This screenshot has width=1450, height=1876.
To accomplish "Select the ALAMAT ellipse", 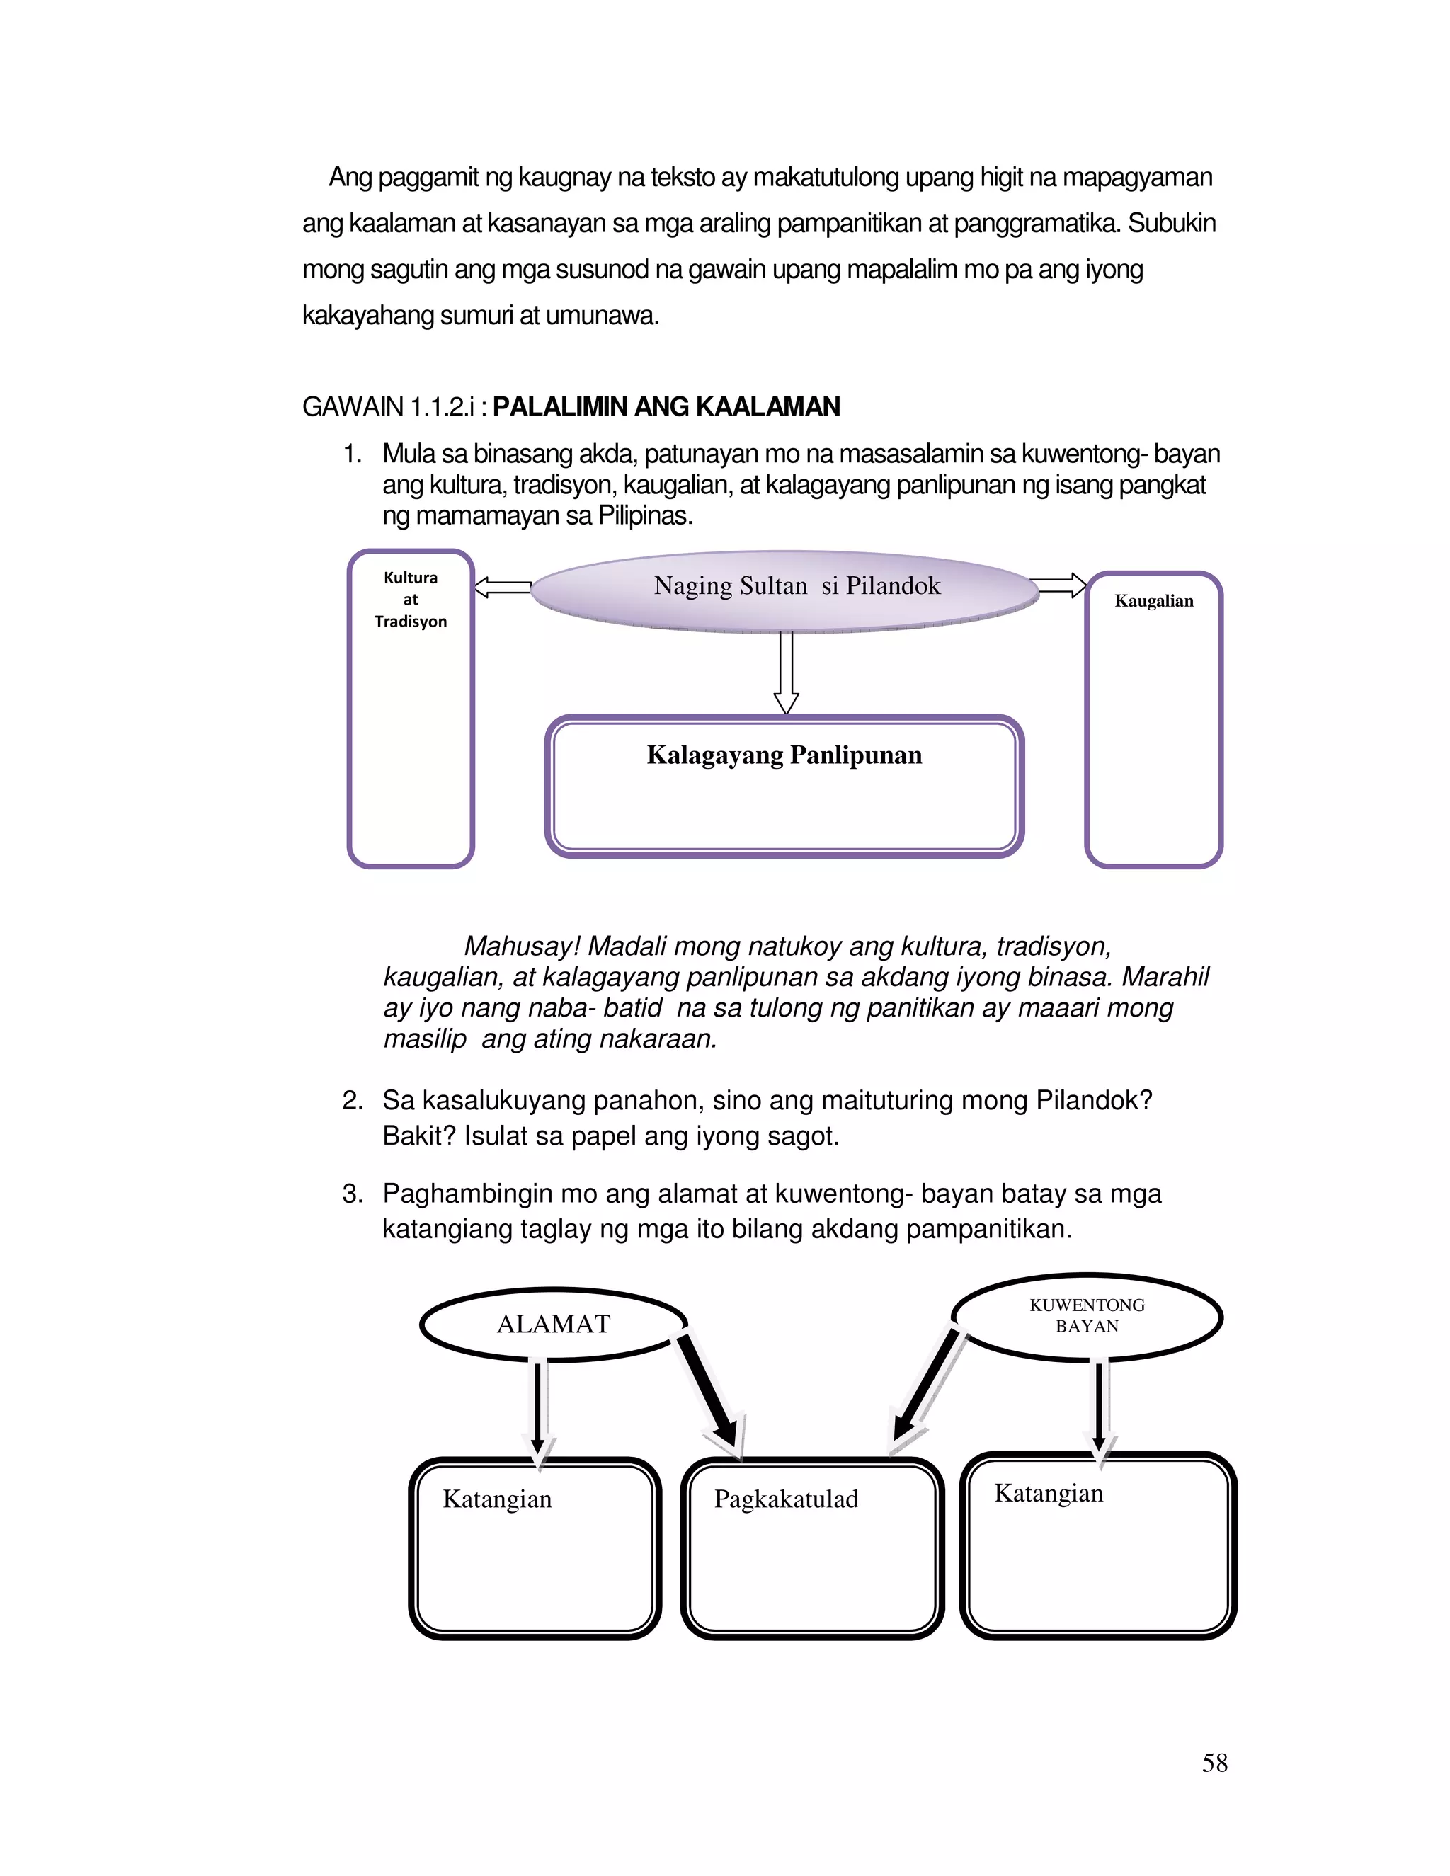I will click(x=553, y=1324).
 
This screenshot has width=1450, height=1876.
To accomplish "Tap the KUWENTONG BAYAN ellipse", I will click(x=1087, y=1316).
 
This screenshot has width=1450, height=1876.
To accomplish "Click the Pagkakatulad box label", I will click(x=786, y=1499).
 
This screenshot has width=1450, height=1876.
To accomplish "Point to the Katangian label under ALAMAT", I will click(x=497, y=1499).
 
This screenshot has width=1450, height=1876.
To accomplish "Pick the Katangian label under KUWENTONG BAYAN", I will click(x=1048, y=1493).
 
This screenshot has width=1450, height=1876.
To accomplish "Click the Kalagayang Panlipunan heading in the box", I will click(x=784, y=755).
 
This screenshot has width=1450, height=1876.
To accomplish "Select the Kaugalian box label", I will click(x=1153, y=601).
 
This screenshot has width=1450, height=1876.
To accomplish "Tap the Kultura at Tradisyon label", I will click(x=411, y=600).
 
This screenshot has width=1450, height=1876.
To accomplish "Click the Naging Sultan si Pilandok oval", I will click(x=785, y=591).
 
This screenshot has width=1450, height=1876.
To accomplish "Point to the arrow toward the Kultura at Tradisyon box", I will click(x=503, y=588).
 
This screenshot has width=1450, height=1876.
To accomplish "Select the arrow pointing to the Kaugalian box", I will click(x=1061, y=586).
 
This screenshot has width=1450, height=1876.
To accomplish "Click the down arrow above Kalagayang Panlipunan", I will click(x=786, y=673).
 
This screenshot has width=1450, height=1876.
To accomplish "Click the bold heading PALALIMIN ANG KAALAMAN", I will click(x=666, y=406).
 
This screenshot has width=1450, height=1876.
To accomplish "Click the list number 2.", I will click(x=351, y=1100).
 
